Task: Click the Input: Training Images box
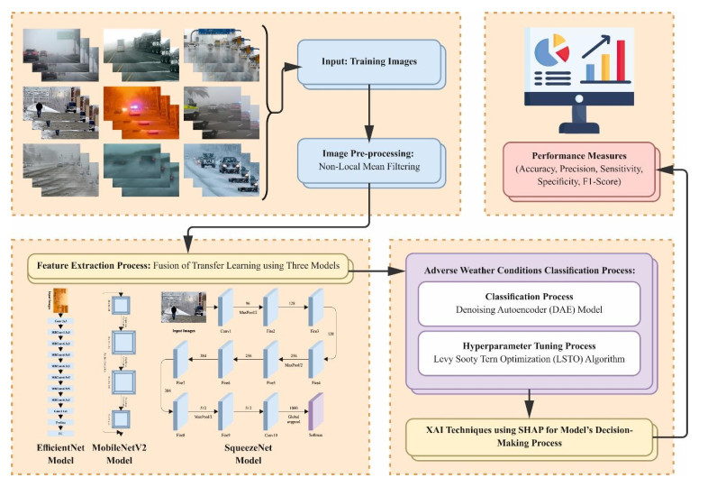369,63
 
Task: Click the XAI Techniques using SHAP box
530,435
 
